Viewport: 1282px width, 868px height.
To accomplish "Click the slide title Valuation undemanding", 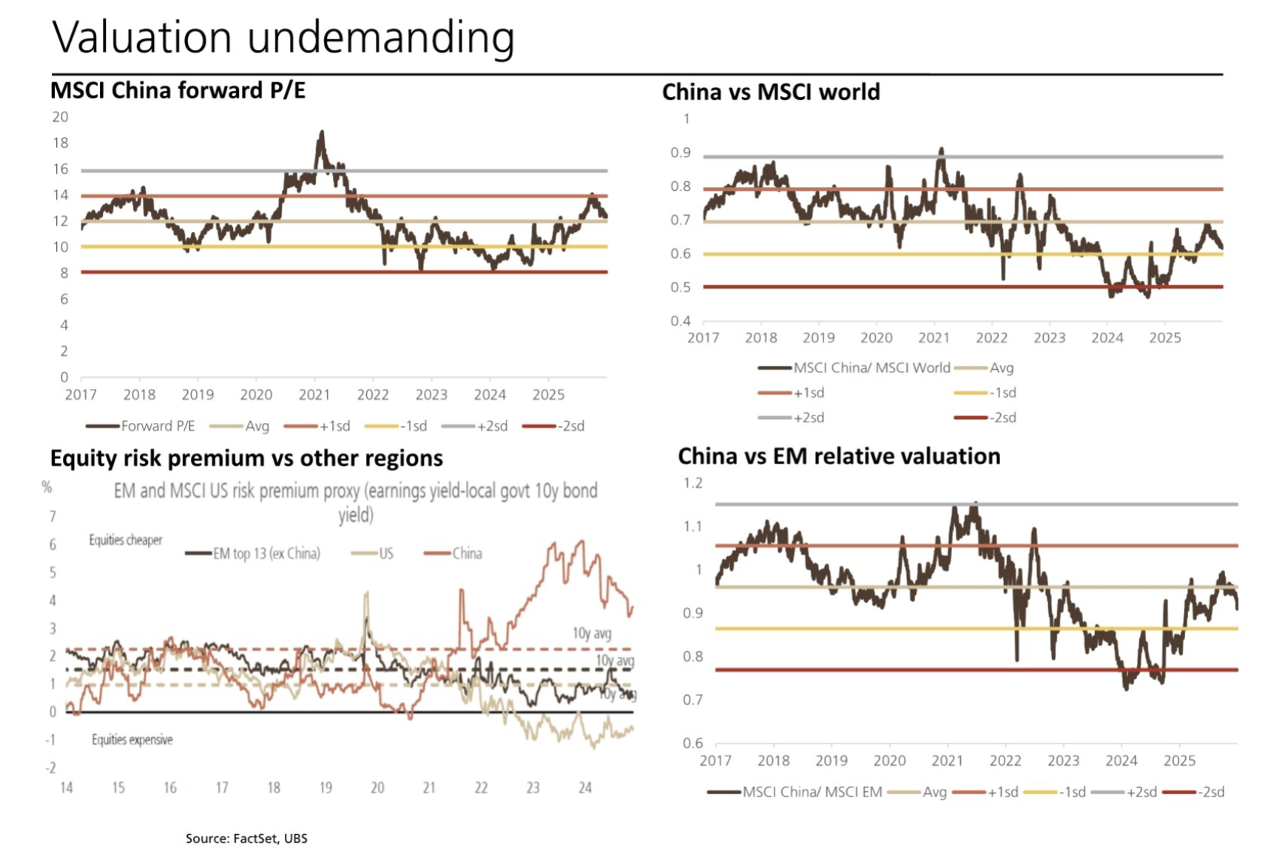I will [283, 37].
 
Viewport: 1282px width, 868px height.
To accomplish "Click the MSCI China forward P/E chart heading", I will [178, 90].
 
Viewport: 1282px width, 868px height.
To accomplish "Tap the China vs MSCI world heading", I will [771, 92].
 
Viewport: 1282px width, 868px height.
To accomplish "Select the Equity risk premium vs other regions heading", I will [246, 458].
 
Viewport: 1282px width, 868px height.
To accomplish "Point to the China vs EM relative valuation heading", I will [839, 456].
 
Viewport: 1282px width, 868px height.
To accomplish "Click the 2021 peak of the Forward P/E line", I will [321, 133].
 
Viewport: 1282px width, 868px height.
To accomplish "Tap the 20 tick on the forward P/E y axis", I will [60, 117].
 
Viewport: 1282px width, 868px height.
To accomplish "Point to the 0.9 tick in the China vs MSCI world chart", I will [680, 153].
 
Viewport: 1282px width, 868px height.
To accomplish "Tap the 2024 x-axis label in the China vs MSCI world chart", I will [1107, 338].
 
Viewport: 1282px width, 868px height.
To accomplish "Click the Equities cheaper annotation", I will [125, 540].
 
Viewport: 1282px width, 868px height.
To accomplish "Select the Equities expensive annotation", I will [132, 739].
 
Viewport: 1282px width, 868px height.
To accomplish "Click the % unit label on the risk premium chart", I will [47, 487].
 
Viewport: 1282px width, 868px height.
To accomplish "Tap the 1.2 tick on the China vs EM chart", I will [692, 483].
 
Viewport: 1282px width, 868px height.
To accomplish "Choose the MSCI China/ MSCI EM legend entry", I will [812, 792].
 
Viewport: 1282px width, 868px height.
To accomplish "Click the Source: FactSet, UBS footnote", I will [246, 838].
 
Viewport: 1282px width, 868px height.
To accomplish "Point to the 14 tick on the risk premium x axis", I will [67, 787].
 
